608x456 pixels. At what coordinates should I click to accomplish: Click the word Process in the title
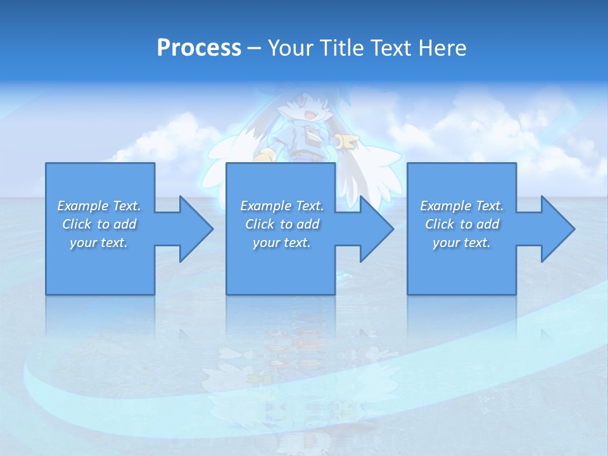199,48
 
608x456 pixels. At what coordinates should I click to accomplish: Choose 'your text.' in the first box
99,243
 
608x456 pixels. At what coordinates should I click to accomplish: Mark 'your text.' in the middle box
282,243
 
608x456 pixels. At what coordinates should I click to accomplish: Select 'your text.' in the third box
462,243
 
